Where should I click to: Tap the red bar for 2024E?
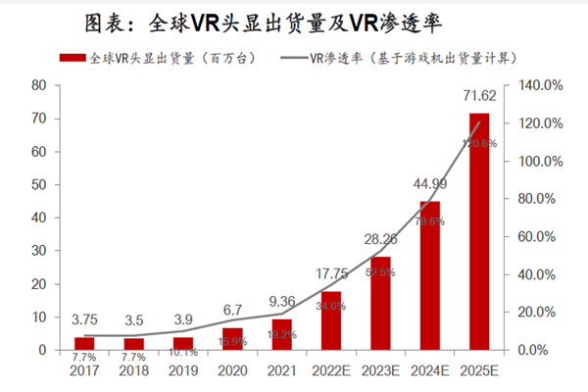coord(429,275)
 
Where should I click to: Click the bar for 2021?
coord(281,334)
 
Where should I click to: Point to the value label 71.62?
coord(478,101)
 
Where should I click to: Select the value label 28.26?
coord(379,238)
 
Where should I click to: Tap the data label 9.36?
coord(281,302)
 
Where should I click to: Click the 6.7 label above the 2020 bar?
coord(232,311)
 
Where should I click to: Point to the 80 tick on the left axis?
coord(39,85)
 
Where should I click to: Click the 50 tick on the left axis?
coord(39,184)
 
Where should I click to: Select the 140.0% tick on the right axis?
coord(540,85)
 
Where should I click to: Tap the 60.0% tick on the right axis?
coord(540,236)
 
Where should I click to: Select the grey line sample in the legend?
coord(286,58)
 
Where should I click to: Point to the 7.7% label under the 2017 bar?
coord(84,357)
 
